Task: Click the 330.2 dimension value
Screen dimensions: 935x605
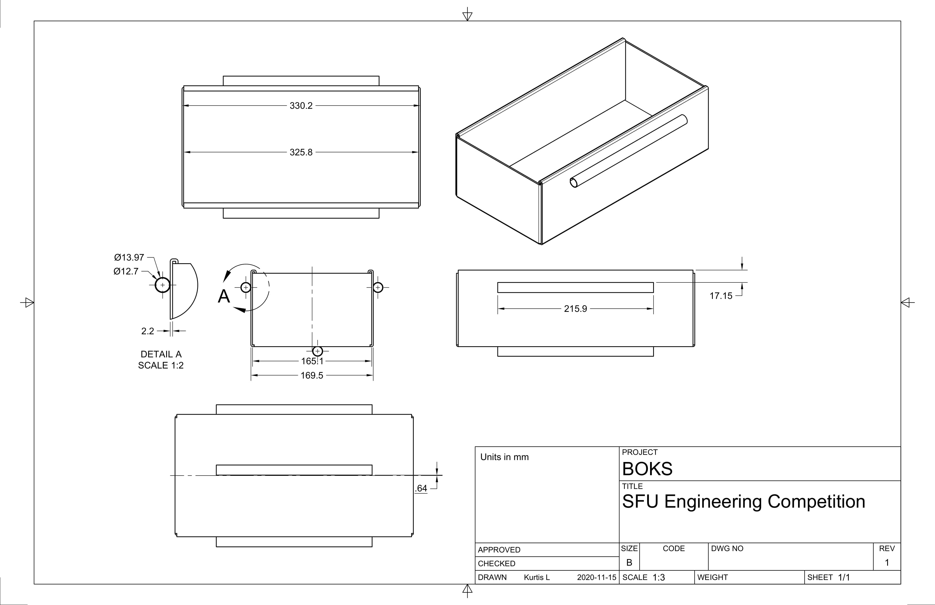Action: click(301, 106)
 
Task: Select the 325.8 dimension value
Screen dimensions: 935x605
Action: click(301, 152)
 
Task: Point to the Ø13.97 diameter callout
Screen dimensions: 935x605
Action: click(129, 257)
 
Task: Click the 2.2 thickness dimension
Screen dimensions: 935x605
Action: click(148, 331)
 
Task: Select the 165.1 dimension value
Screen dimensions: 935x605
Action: click(312, 361)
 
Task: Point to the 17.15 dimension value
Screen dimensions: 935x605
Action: click(721, 296)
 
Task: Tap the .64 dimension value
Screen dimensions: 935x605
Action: click(421, 488)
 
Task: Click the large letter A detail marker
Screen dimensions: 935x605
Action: click(224, 296)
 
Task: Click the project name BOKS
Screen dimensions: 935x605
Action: click(647, 469)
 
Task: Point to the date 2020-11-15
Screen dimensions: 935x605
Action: click(596, 577)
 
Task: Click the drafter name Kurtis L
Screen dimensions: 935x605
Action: click(537, 577)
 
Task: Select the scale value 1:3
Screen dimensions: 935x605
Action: click(659, 577)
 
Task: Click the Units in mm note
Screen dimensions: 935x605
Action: click(504, 457)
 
